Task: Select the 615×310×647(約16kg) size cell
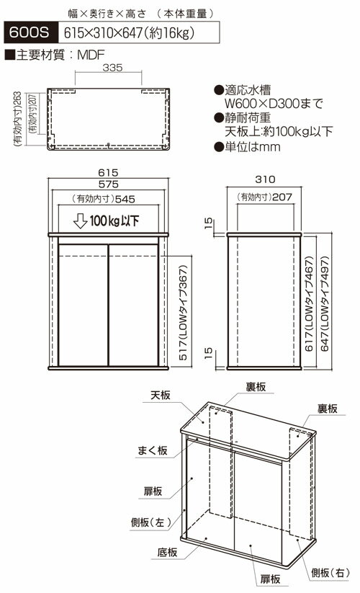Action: (139, 32)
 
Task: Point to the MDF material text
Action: (90, 55)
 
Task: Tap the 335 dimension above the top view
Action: (112, 67)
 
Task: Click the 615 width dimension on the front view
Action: (109, 172)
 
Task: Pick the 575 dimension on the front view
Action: (109, 184)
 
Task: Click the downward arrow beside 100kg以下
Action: (80, 221)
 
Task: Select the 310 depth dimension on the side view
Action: (265, 179)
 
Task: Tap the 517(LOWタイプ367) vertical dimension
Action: (183, 313)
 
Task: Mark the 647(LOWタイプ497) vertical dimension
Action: (325, 304)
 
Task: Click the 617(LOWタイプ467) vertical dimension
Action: (309, 304)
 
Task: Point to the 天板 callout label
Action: (161, 395)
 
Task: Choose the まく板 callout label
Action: (152, 450)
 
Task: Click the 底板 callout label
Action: (167, 553)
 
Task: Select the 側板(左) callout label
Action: (150, 522)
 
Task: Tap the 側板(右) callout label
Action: (330, 573)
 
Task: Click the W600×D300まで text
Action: (274, 103)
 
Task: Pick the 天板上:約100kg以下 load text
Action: (279, 132)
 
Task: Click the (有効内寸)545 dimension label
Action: (103, 199)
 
